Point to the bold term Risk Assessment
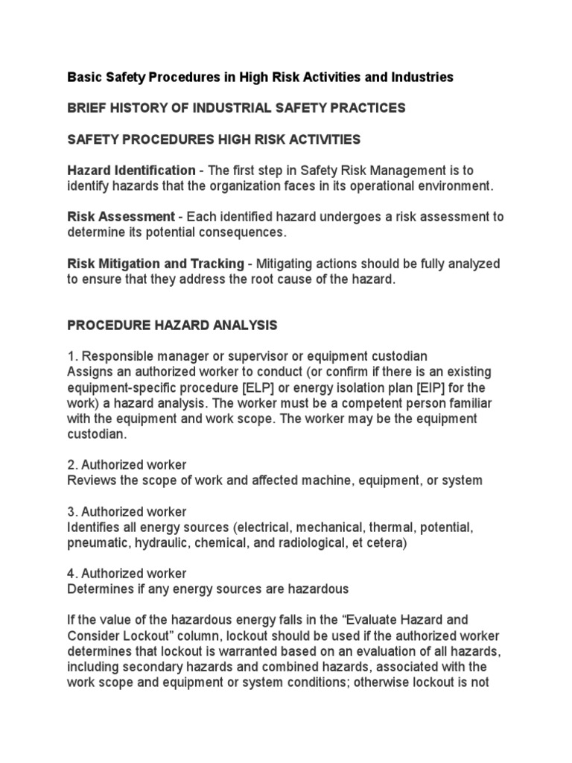click(x=120, y=217)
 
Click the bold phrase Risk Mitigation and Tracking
click(x=156, y=264)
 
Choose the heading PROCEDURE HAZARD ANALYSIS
click(x=172, y=325)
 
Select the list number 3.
click(x=72, y=511)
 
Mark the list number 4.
click(x=72, y=573)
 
